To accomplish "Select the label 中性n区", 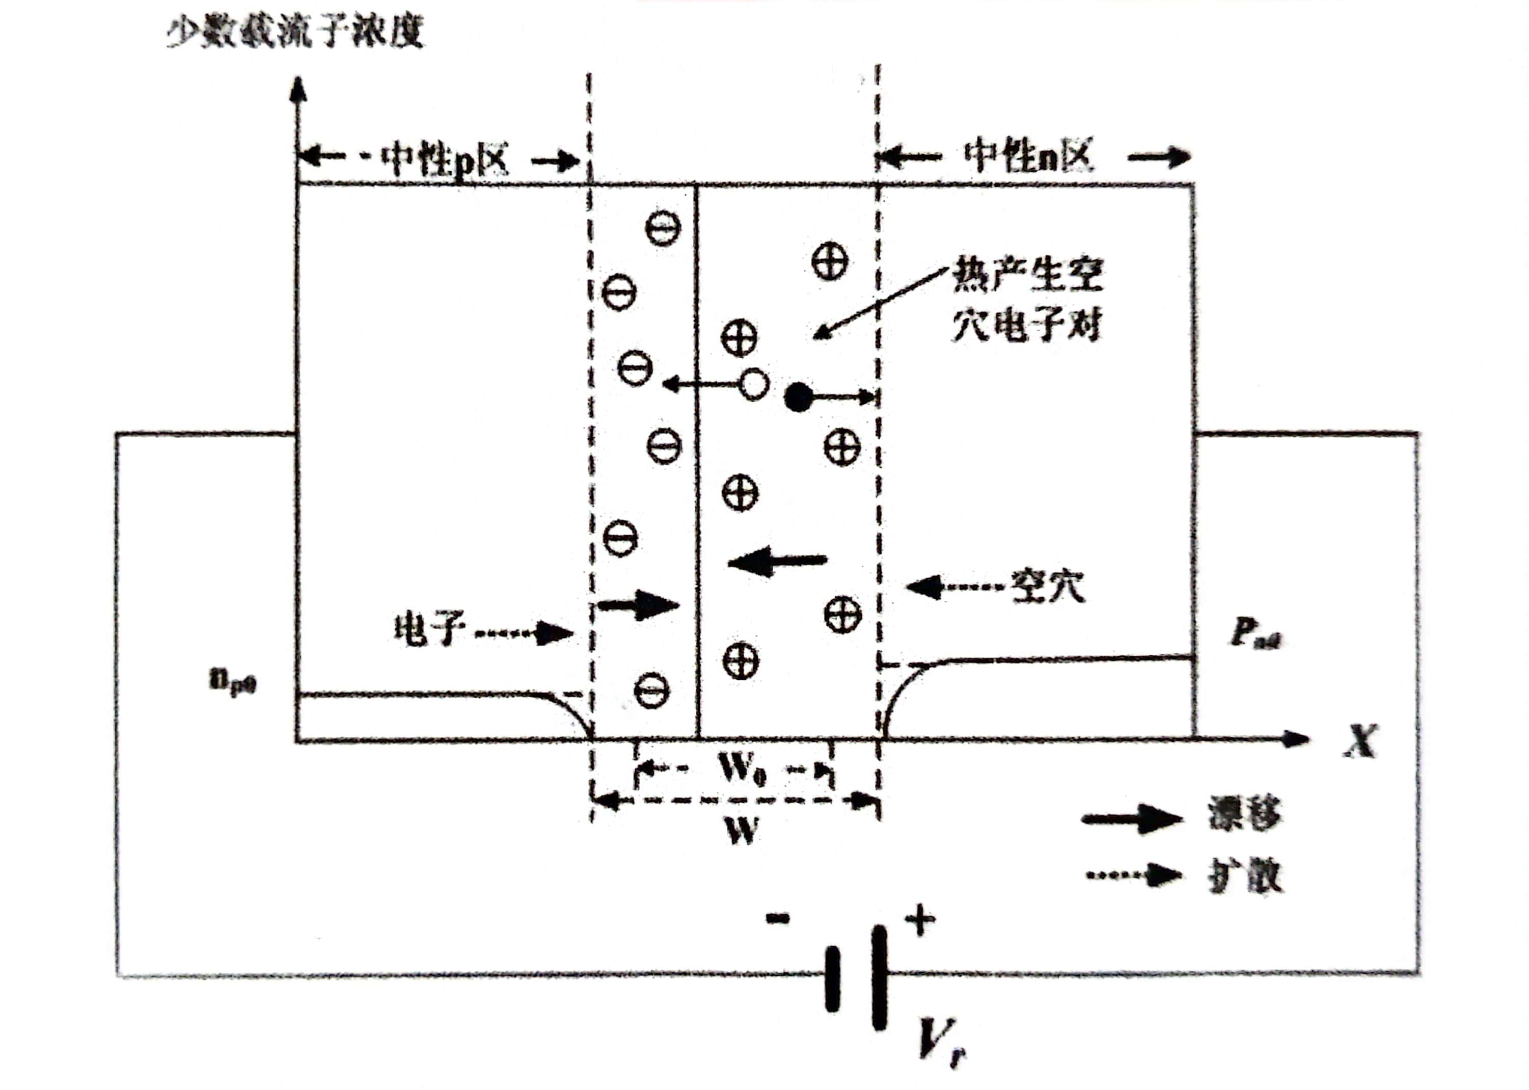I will [x=1028, y=156].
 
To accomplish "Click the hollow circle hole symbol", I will [x=753, y=385].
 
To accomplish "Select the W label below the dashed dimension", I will [x=742, y=832].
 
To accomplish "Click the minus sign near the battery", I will [x=778, y=919].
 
